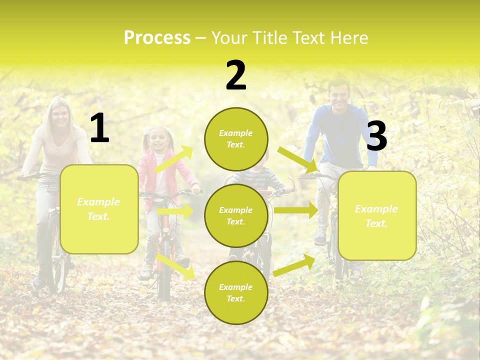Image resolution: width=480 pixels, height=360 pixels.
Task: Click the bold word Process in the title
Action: coord(157,38)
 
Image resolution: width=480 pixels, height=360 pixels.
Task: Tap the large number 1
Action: coord(99,128)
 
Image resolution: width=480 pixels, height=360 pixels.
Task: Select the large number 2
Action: coord(236,76)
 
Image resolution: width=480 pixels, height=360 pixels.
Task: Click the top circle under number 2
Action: coord(236,139)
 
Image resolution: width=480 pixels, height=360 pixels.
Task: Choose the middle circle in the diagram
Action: coord(236,215)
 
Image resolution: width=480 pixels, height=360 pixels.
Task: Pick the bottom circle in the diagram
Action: coord(236,292)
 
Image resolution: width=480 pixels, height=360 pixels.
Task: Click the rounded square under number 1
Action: coord(99,209)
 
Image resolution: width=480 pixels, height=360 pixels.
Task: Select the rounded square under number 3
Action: coord(377,215)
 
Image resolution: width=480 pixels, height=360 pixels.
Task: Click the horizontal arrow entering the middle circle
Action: coord(175,211)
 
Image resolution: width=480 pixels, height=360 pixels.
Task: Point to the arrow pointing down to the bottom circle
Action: coord(175,266)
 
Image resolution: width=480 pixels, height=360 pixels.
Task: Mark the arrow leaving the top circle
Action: coord(297,159)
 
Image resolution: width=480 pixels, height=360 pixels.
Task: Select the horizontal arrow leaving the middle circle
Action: coord(295,210)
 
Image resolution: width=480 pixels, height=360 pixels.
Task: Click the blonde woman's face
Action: coord(60,116)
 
